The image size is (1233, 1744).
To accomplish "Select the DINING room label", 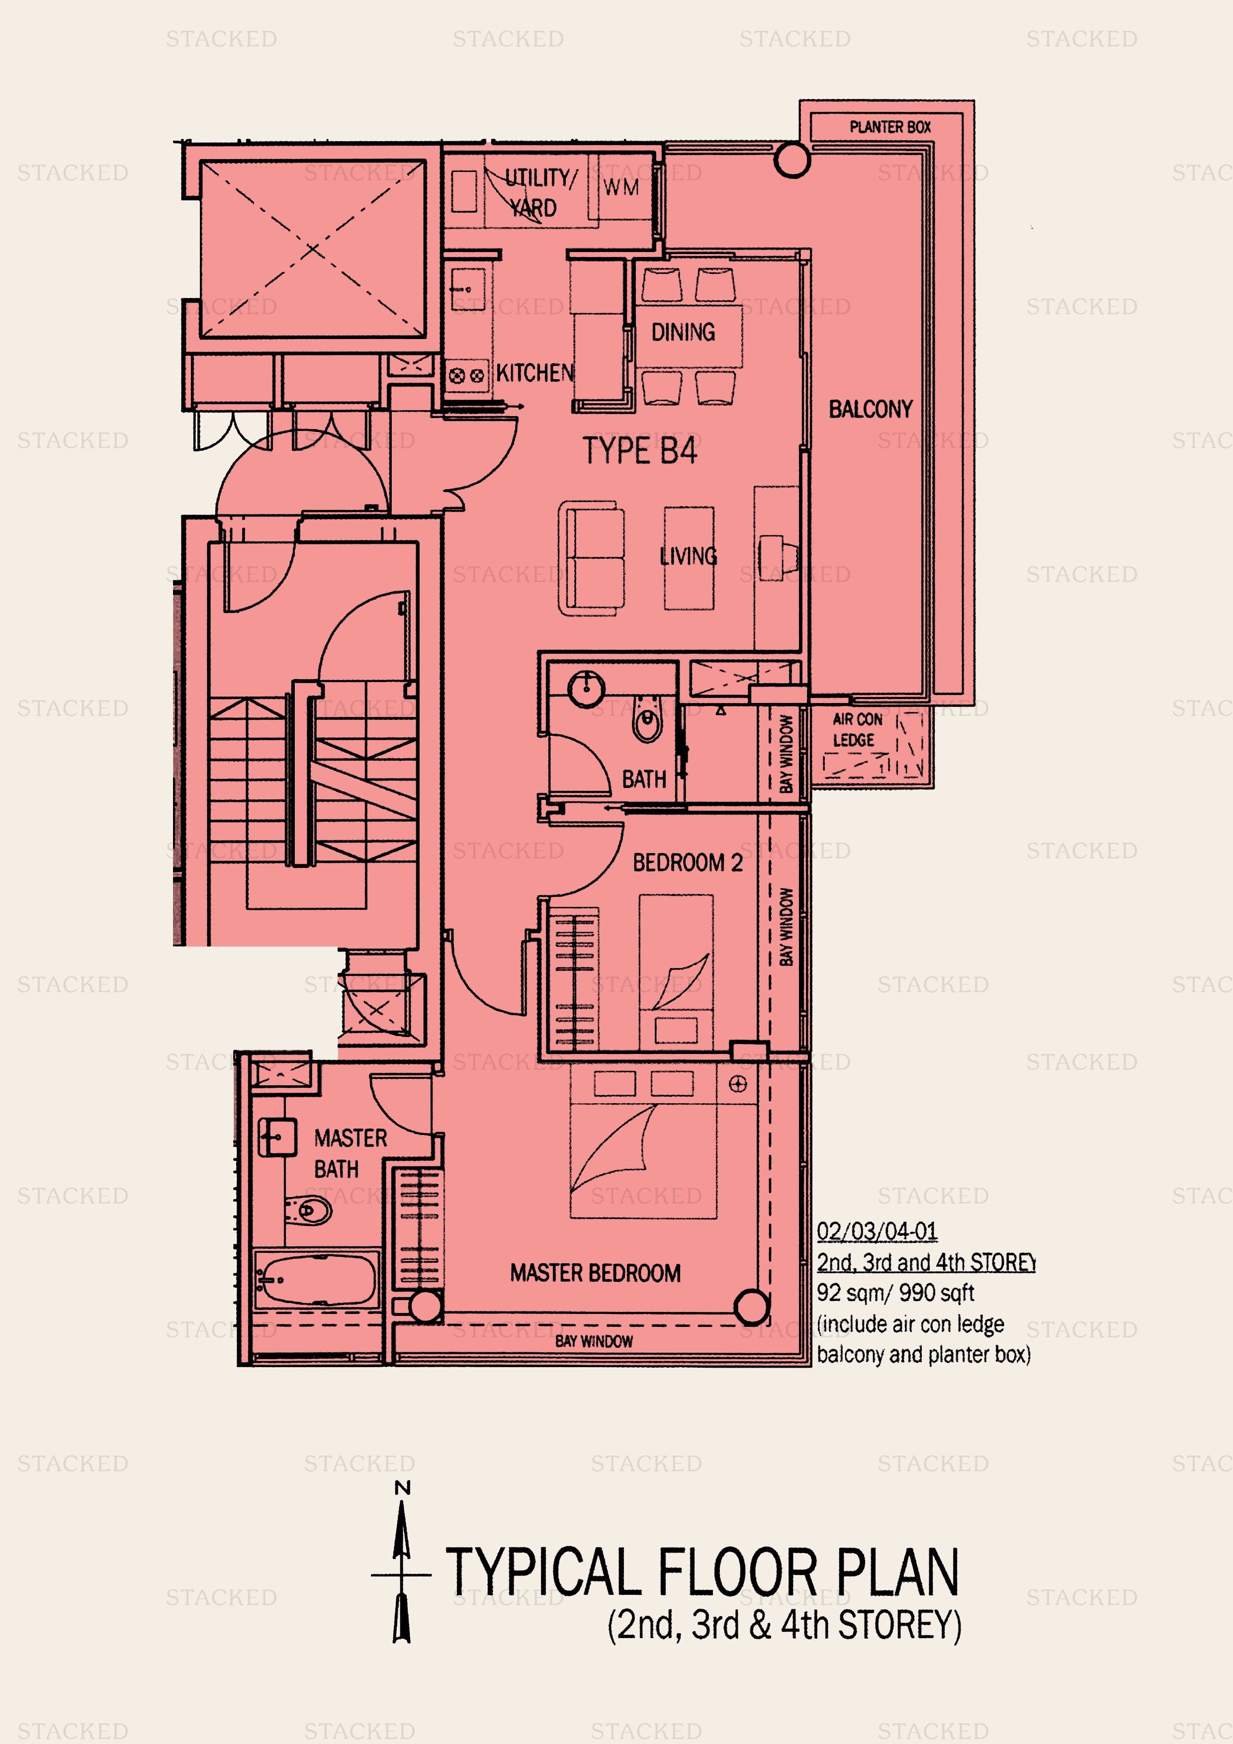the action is coord(683,332).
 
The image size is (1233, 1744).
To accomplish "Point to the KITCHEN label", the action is coord(535,373).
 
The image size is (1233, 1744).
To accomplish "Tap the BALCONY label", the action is coord(871,410).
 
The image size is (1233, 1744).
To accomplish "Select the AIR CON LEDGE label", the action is coord(857,729).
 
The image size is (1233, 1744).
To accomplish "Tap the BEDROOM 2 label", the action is coord(688,863).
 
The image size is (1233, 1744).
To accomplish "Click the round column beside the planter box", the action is coord(792,160).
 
